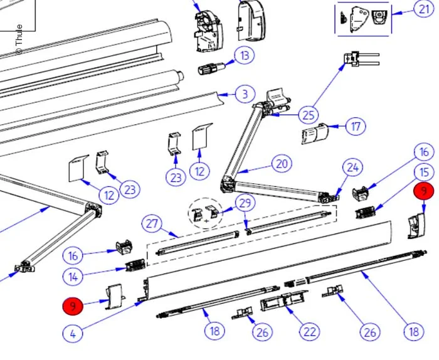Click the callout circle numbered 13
click(x=245, y=56)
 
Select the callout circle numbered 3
click(x=245, y=95)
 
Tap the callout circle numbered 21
click(x=423, y=10)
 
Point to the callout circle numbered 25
click(x=308, y=115)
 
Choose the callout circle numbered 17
click(x=356, y=127)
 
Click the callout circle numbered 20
click(x=282, y=164)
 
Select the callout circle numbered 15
click(x=425, y=171)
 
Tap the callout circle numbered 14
click(x=73, y=275)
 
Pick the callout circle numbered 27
click(x=151, y=224)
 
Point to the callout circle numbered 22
click(x=309, y=331)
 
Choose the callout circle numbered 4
click(x=73, y=333)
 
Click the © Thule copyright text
click(x=19, y=39)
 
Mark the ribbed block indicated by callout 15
click(x=366, y=212)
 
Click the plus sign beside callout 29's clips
click(x=206, y=220)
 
